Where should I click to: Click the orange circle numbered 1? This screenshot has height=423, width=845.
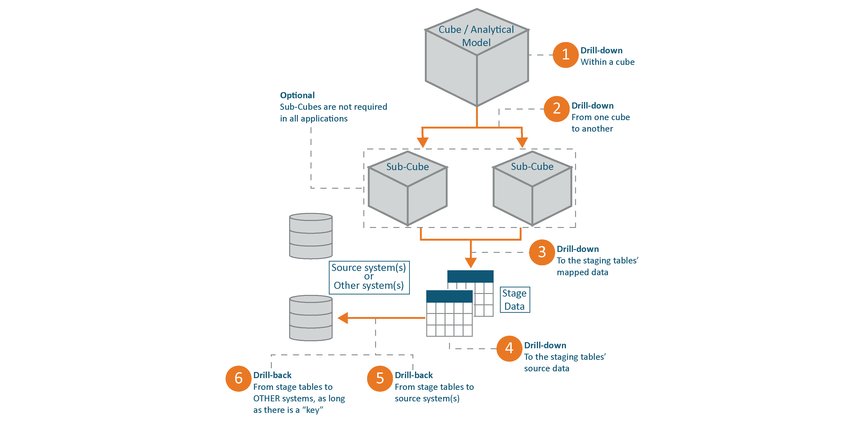[x=565, y=55]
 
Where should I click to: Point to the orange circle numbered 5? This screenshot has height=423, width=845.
[x=380, y=378]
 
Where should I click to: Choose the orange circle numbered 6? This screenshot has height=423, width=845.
[x=238, y=378]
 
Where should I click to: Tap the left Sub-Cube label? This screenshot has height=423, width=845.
[x=407, y=167]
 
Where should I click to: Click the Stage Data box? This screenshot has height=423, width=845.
[x=514, y=300]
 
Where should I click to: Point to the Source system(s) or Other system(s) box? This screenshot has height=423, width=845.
[x=369, y=277]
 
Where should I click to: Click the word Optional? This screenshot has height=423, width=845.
[x=297, y=95]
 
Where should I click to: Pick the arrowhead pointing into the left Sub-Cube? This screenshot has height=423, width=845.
[x=422, y=142]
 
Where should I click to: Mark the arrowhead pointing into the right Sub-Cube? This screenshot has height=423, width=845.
[x=522, y=142]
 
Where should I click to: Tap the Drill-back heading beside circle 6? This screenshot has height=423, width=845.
[x=272, y=375]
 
